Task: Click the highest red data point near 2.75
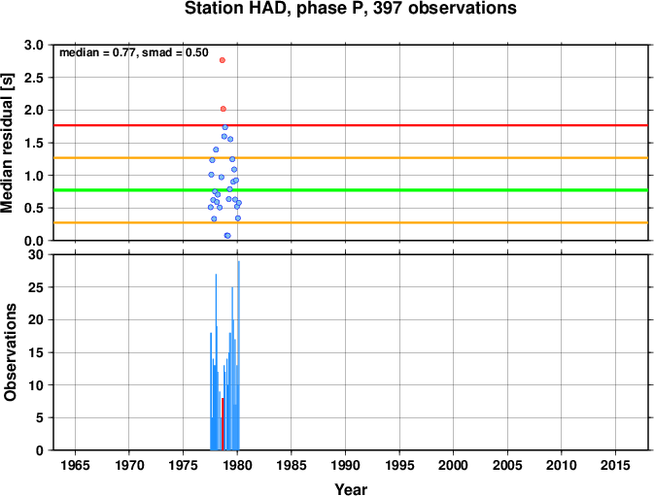223,60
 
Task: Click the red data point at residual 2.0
224,109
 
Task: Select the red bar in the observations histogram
223,424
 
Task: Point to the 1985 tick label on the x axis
292,465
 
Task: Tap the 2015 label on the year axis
616,465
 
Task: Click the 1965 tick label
75,465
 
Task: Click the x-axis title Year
351,489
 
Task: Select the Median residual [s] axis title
8,143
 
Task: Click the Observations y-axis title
10,352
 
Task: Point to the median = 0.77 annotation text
97,52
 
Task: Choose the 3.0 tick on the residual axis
34,45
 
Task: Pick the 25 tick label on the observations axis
36,287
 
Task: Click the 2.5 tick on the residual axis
34,78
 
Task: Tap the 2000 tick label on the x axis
454,465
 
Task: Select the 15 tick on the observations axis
36,352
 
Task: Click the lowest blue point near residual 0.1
227,236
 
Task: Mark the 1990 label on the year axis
345,465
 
